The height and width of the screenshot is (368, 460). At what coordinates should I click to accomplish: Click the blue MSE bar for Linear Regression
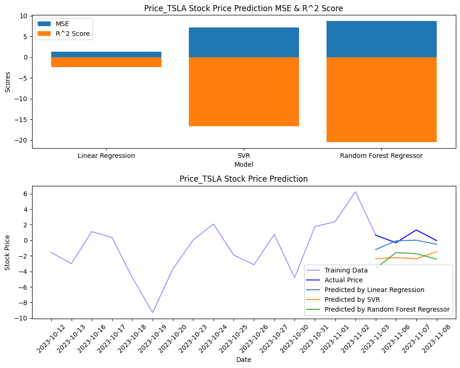106,55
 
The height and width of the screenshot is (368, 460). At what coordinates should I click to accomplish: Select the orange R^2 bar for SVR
244,92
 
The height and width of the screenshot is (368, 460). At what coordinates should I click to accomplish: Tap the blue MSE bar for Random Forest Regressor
381,39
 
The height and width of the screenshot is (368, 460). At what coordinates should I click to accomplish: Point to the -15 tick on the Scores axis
22,120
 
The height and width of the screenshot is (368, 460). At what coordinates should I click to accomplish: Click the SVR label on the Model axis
244,156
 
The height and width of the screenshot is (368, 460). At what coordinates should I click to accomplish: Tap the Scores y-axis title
7,82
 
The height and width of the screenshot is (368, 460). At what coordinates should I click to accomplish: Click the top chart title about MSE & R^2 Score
244,8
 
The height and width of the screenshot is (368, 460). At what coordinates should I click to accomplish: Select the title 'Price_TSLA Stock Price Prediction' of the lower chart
244,179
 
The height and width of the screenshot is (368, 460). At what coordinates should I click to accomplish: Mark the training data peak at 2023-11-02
355,191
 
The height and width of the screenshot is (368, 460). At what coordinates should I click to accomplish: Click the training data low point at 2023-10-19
153,313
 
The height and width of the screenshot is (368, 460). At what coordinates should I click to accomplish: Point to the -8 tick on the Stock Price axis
22,303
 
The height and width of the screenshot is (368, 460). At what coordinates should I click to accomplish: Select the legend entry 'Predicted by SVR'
352,300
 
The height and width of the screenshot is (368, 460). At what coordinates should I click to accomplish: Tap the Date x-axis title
244,360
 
